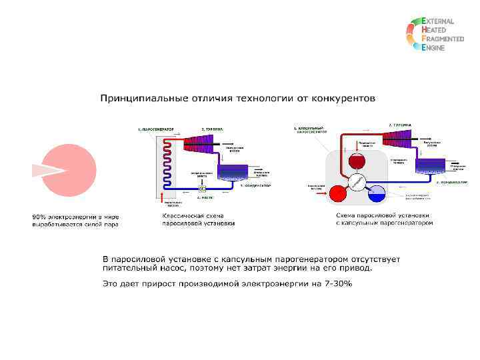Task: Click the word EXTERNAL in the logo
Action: tap(439, 21)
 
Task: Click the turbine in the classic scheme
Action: tap(199, 141)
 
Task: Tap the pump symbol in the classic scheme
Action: tap(203, 188)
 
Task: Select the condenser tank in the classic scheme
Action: tap(232, 173)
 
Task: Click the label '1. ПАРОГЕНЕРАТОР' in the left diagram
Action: tap(155, 128)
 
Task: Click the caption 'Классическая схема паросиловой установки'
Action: tap(198, 220)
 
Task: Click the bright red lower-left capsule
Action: tap(338, 193)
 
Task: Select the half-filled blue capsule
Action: tap(377, 194)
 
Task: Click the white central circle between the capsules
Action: tap(357, 182)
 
